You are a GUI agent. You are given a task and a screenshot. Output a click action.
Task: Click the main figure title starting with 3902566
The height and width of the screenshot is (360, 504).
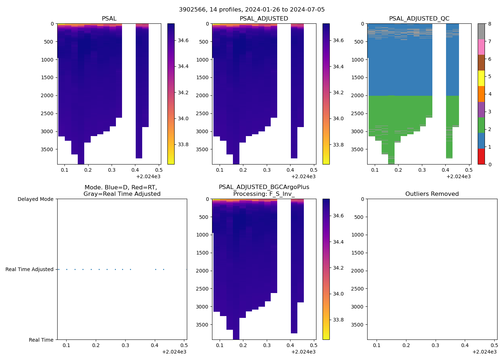[252, 10]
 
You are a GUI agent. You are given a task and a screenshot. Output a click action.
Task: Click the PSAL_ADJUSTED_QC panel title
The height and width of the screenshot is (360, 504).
[419, 19]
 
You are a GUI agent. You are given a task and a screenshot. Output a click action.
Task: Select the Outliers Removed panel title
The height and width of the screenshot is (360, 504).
[432, 194]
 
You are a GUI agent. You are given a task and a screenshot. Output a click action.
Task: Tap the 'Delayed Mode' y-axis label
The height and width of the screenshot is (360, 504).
[35, 199]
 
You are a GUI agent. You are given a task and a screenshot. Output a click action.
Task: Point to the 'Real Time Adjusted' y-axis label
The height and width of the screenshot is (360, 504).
[29, 269]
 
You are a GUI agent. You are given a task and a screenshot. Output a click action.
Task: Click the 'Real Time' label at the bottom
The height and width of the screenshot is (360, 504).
[41, 340]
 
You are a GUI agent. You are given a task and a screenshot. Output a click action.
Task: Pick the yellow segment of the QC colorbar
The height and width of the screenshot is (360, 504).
[481, 78]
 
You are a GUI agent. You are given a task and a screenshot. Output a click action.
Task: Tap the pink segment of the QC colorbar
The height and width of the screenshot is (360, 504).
[481, 47]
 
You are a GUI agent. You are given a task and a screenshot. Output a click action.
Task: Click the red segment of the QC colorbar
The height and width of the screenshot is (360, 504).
[481, 157]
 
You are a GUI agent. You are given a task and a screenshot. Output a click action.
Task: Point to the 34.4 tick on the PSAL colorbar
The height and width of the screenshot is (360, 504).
[183, 66]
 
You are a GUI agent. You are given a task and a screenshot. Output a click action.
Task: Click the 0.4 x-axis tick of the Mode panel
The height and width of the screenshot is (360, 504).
[155, 345]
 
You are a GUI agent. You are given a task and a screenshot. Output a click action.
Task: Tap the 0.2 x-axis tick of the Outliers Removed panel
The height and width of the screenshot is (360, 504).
[406, 345]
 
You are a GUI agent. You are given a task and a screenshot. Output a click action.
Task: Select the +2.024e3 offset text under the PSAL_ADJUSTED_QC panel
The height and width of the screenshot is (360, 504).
[458, 176]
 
